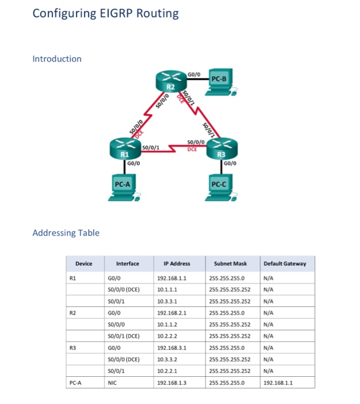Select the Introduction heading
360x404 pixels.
click(x=57, y=58)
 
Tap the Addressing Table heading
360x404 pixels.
click(x=66, y=233)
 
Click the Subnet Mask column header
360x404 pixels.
click(x=231, y=264)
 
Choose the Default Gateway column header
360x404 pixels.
click(x=285, y=264)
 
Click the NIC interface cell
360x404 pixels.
click(x=122, y=382)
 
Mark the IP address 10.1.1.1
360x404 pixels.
click(x=166, y=289)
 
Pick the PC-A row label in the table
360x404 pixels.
click(x=75, y=382)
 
